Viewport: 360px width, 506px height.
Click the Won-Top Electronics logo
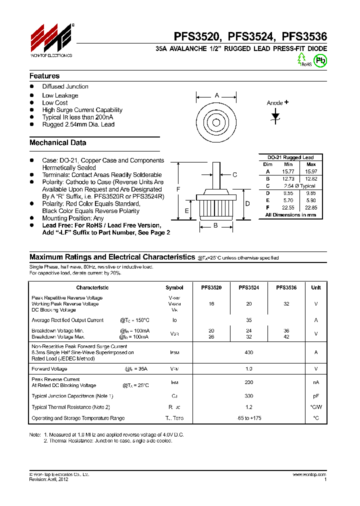pos(51,40)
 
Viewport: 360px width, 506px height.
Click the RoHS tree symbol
pos(302,59)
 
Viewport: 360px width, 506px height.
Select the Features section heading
pos(44,76)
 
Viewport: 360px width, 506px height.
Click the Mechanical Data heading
pos(57,143)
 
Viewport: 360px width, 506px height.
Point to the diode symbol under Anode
pos(275,115)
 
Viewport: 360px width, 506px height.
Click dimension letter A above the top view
pos(216,95)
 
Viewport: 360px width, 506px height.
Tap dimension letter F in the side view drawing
pos(178,189)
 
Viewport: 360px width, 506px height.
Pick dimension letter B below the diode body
pos(216,225)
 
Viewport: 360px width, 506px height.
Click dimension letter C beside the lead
pos(234,174)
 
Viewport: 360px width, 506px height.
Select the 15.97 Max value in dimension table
pos(310,171)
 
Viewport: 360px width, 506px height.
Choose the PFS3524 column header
pos(248,287)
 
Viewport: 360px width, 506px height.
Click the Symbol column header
pos(174,287)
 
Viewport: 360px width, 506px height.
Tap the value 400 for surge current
pos(248,352)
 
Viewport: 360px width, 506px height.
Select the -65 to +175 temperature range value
pos(248,418)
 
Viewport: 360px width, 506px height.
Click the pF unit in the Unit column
pos(315,396)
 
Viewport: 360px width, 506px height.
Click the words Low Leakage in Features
pos(60,95)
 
